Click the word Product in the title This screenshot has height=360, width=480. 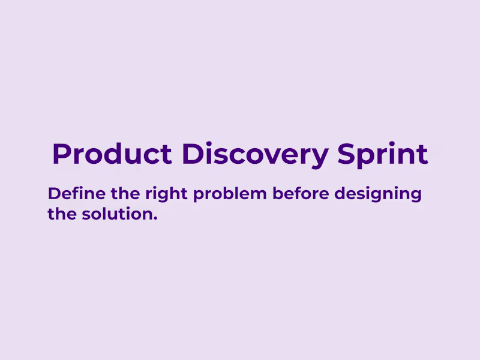point(112,154)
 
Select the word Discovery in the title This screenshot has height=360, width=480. point(256,154)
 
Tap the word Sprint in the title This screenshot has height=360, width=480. point(383,154)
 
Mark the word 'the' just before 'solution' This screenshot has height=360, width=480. point(61,214)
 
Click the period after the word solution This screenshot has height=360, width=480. point(155,218)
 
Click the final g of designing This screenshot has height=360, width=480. point(415,197)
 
